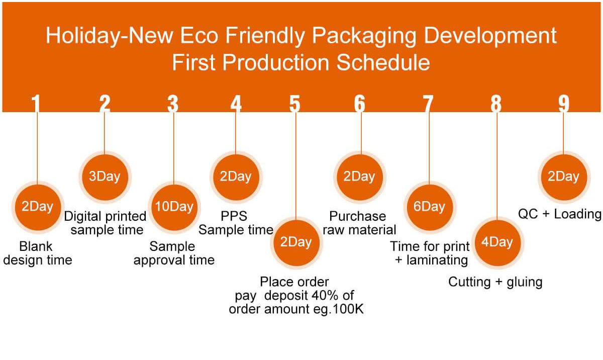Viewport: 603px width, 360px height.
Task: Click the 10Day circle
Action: click(x=174, y=207)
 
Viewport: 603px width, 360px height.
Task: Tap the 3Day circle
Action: click(x=105, y=177)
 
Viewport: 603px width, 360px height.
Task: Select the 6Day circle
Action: click(x=429, y=207)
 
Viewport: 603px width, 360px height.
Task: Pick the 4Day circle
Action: click(x=497, y=242)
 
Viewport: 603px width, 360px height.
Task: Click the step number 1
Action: click(x=36, y=104)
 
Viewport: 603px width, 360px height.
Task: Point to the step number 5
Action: click(x=295, y=104)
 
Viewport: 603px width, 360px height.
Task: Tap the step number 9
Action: click(x=564, y=104)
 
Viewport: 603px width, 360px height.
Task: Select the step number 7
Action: click(x=428, y=104)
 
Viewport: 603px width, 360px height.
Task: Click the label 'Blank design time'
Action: click(x=37, y=253)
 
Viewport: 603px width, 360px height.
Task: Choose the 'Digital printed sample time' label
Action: click(x=105, y=223)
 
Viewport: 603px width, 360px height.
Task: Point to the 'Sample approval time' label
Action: click(x=174, y=253)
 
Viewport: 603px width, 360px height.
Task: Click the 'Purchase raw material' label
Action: click(x=359, y=223)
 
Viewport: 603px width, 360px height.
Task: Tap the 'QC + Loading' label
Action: click(x=560, y=214)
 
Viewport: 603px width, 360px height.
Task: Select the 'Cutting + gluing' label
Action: click(x=495, y=282)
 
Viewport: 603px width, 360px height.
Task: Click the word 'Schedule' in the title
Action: click(x=383, y=62)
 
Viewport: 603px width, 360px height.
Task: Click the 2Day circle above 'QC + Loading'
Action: click(x=564, y=177)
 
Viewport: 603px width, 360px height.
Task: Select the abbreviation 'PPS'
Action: click(x=234, y=216)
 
